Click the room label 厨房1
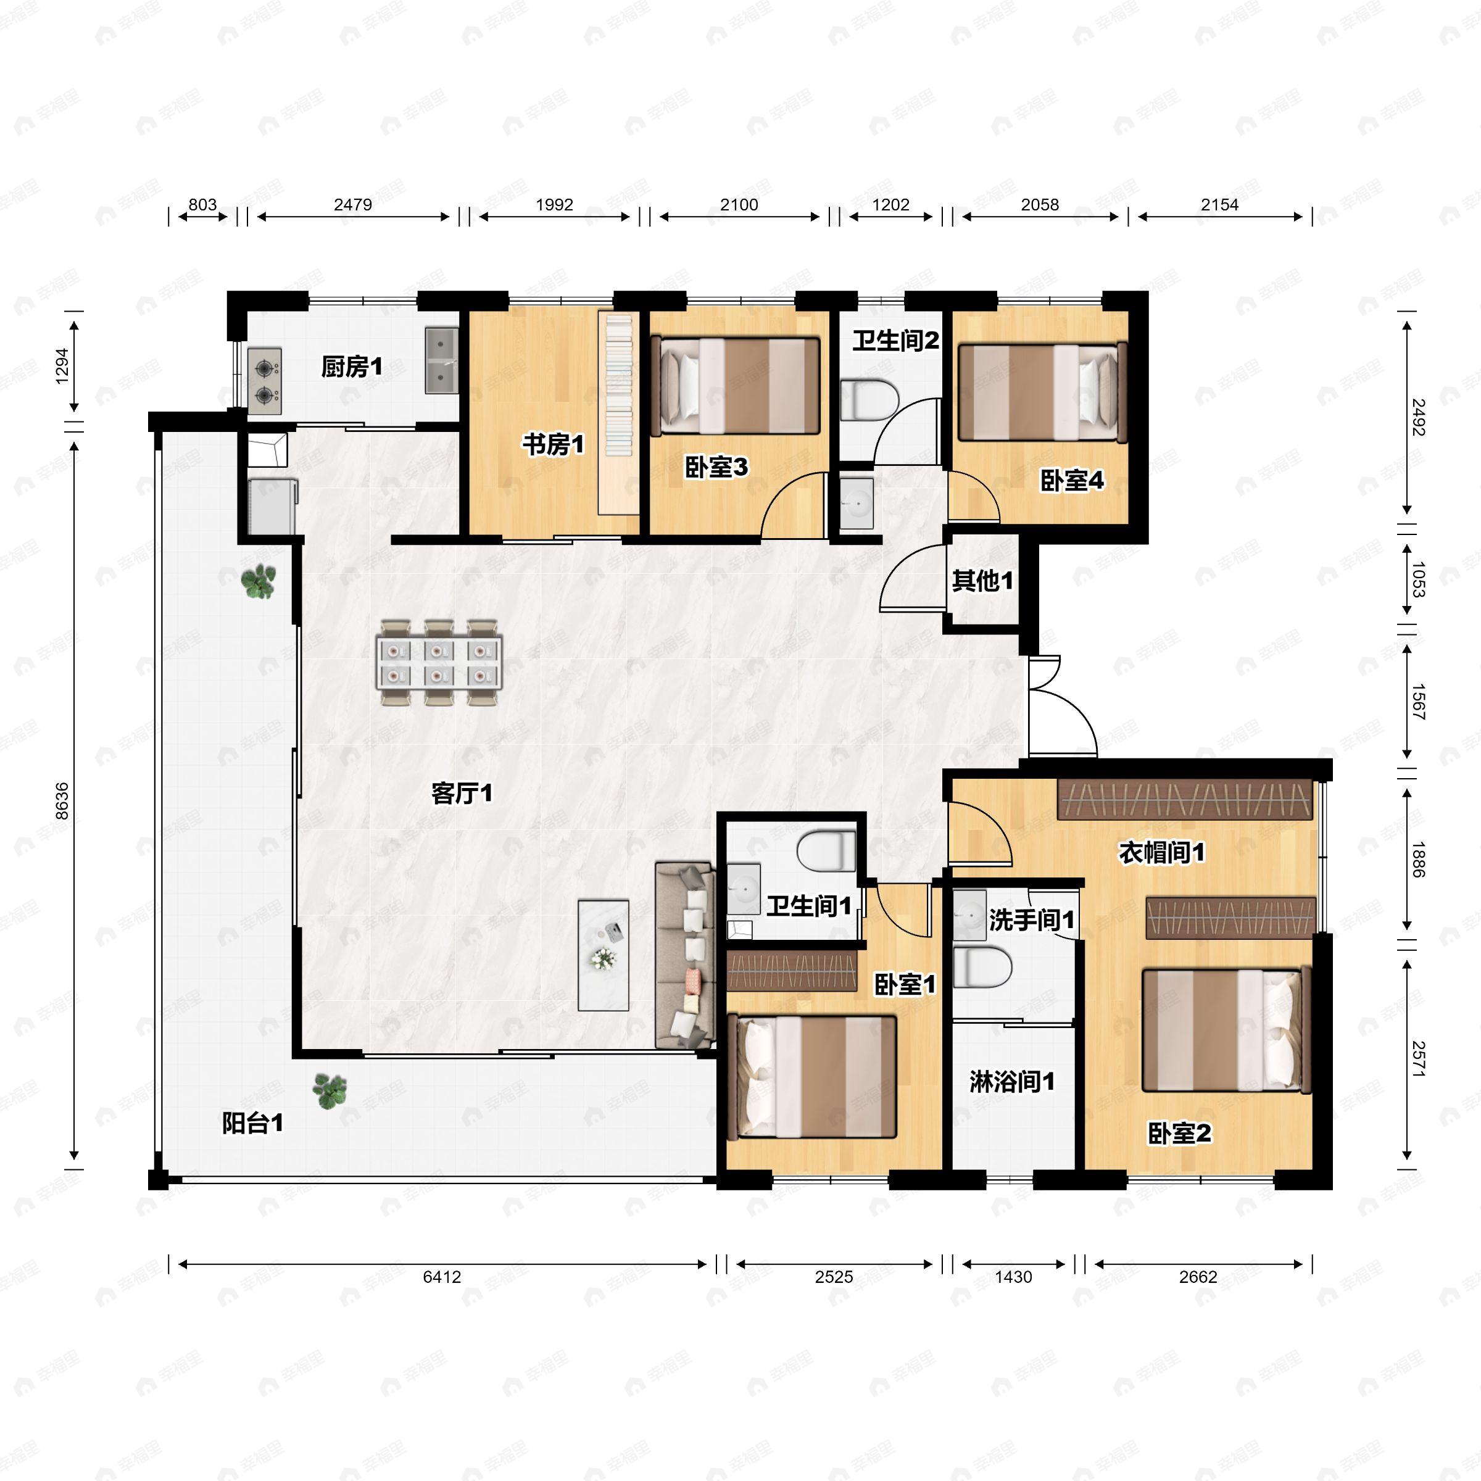pos(351,367)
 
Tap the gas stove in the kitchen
pos(265,376)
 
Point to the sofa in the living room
pos(684,955)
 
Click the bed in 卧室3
pos(735,386)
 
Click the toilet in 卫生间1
pos(826,852)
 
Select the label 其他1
pos(983,581)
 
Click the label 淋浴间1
pos(1012,1082)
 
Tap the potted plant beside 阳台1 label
pos(330,1089)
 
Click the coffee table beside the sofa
pos(604,955)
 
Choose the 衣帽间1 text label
pos(1162,852)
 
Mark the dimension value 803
pos(202,205)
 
